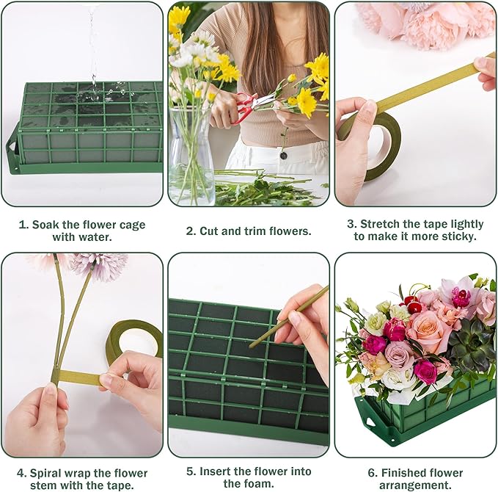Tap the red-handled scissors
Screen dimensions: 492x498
[x=249, y=103]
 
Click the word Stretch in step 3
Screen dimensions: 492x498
[x=385, y=224]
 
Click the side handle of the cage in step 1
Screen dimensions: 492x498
[x=12, y=150]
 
